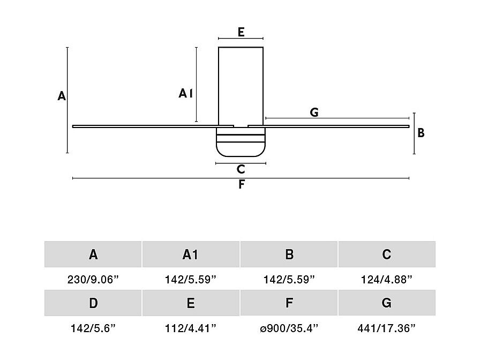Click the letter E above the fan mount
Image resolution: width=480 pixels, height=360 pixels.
(241, 32)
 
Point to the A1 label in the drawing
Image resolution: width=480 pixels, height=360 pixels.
(185, 93)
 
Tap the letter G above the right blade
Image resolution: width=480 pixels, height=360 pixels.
(314, 112)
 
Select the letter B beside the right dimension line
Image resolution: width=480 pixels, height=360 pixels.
(421, 133)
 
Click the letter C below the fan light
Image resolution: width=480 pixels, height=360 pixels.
(241, 169)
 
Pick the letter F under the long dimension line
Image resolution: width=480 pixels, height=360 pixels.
(242, 184)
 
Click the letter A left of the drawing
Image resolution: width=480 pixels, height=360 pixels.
(62, 96)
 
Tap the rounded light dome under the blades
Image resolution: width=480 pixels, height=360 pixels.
(241, 142)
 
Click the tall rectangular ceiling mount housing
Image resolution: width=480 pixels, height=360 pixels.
(241, 86)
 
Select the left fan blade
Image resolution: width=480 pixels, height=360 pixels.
(153, 126)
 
